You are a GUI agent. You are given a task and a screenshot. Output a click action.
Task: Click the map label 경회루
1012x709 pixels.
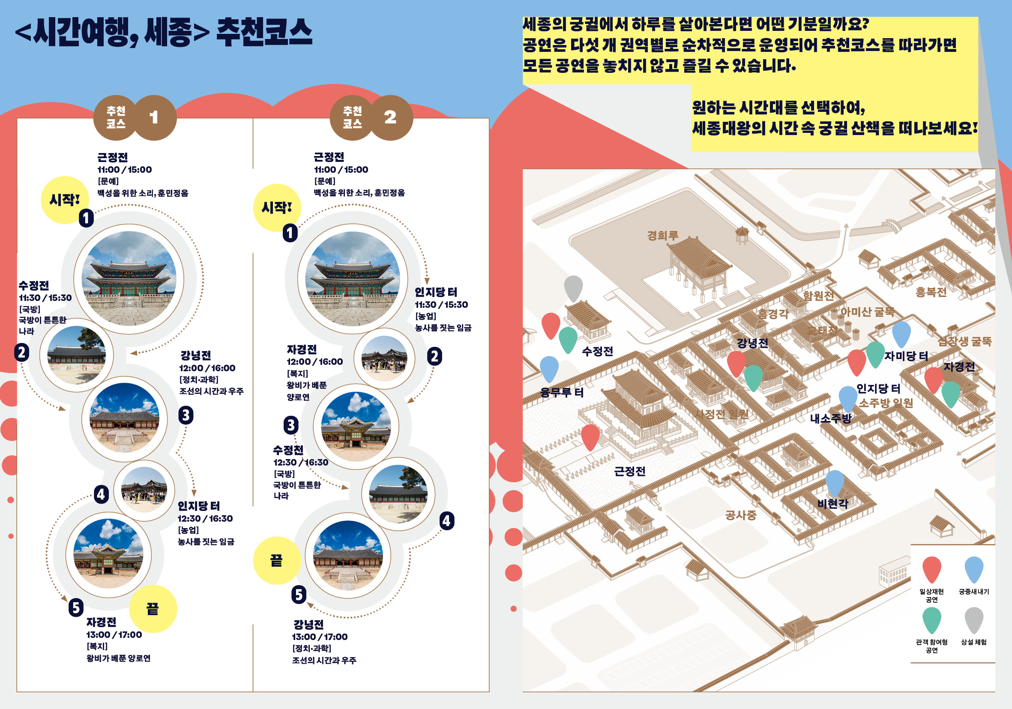point(662,235)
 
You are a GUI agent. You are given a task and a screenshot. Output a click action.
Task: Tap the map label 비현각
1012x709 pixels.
point(832,504)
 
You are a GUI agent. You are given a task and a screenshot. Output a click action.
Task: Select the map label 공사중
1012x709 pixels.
point(740,515)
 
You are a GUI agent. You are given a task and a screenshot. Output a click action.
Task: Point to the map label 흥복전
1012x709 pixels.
point(931,292)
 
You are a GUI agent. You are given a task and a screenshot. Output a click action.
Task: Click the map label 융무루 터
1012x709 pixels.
point(562,392)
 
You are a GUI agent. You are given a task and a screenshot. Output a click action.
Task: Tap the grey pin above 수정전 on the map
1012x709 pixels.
point(573,288)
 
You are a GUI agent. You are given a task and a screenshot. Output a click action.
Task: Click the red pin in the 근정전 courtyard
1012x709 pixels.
point(590,436)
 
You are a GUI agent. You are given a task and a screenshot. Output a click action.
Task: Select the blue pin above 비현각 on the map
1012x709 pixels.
point(835,481)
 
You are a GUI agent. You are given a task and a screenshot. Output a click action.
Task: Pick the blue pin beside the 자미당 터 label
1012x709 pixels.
point(901,333)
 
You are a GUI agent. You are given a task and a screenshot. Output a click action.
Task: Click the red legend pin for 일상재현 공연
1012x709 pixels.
point(931,569)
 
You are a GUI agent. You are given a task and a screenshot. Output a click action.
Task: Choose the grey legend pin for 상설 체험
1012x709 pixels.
point(973,619)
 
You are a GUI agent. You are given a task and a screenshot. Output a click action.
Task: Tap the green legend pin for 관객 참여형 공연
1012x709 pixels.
point(931,619)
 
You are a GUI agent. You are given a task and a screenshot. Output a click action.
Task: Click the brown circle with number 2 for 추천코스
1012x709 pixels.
point(390,117)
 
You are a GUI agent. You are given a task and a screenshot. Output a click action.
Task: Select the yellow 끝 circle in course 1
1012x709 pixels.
point(153,609)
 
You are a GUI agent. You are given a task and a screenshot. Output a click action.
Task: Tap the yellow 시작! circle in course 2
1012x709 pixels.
point(277,207)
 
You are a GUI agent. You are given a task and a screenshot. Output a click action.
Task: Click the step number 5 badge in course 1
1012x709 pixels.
point(76,607)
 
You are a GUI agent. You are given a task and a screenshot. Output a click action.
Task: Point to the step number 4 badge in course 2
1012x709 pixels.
point(446,521)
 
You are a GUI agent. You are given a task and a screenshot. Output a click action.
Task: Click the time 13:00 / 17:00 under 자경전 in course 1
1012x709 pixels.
point(114,635)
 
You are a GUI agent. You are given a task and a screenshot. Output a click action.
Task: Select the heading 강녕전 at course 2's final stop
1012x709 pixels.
point(308,625)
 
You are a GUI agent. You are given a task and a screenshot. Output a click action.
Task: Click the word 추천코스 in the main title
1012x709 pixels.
point(264,32)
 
